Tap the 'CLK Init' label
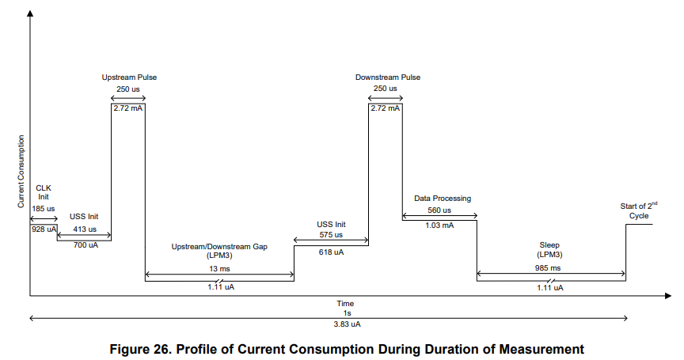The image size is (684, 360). point(44,193)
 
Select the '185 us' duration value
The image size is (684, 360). point(44,208)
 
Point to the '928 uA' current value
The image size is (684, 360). point(44,229)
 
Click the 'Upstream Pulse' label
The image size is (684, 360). point(128,78)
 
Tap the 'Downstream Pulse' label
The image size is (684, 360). point(387,78)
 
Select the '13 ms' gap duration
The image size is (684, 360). point(219,269)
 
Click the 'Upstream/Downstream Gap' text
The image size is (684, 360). point(219,247)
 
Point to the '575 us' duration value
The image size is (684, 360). point(331,235)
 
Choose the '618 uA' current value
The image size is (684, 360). point(331,252)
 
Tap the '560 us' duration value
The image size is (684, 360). point(439,210)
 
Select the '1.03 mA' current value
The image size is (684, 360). point(439,225)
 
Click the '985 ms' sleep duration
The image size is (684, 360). point(549,268)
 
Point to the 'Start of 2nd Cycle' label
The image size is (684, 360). point(638,210)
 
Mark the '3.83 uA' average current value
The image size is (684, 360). point(345,324)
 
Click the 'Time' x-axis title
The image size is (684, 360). point(345,303)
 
